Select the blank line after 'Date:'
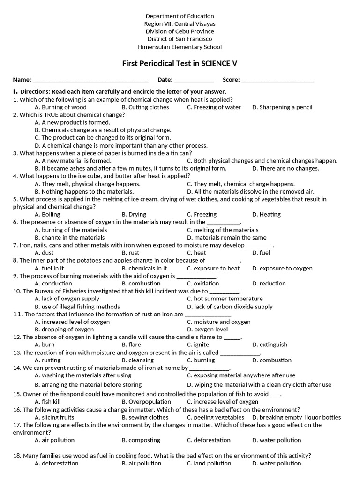pos(194,81)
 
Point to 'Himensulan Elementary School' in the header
pos(180,47)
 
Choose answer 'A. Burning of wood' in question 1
pos(60,107)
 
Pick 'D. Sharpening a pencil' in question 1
pos(282,107)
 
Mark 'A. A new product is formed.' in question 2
pos(72,122)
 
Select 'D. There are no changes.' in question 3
pos(285,168)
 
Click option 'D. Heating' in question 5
pos(266,214)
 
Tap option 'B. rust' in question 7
pos(131,253)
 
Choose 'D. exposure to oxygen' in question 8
pos(282,268)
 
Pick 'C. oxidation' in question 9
pos(202,284)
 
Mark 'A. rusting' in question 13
pos(47,360)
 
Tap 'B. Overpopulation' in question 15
pos(146,402)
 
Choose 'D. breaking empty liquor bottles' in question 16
pos(296,417)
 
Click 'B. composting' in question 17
pos(141,440)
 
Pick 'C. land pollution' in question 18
pos(209,463)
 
